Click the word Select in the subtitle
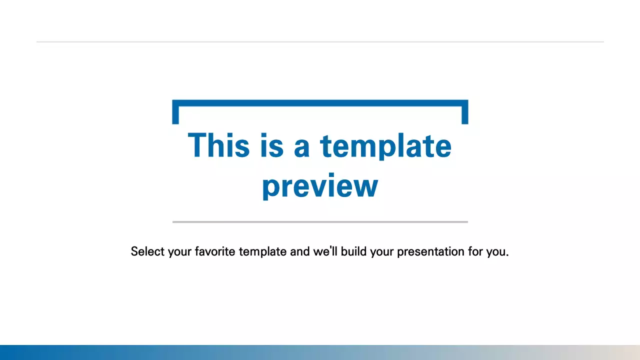tap(147, 251)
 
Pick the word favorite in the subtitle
tap(215, 251)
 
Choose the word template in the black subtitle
tap(263, 251)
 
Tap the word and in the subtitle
tap(300, 251)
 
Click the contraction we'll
tap(325, 251)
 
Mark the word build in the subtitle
tap(354, 251)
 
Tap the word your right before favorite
tap(179, 251)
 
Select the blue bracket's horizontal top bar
tap(320, 103)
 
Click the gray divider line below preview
tap(320, 221)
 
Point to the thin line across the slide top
tap(320, 42)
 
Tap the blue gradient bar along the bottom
tap(320, 352)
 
